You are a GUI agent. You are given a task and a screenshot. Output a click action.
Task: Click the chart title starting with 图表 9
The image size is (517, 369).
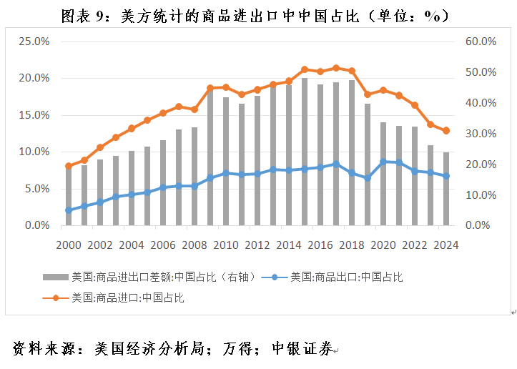[x=258, y=15]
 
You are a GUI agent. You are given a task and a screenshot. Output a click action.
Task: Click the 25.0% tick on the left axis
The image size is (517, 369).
[x=34, y=41]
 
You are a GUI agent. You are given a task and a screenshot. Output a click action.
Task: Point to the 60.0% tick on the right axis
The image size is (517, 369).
[x=481, y=41]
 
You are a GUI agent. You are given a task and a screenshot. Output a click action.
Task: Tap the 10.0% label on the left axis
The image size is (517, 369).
[x=34, y=152]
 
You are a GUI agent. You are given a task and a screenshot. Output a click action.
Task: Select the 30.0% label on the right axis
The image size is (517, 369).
[x=481, y=134]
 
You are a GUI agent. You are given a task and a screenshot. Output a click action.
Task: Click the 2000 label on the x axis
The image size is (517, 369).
[x=69, y=245]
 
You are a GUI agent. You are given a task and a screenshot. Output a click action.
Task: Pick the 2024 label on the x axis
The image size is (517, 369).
[x=446, y=245]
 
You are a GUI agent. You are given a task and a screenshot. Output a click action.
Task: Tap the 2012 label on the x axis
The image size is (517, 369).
[x=257, y=245]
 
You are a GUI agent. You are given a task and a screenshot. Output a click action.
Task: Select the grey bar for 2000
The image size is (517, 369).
[x=69, y=196]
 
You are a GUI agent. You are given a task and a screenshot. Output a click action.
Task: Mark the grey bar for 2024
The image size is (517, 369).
[x=446, y=189]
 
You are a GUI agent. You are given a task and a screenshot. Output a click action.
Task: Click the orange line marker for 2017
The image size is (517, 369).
[x=336, y=68]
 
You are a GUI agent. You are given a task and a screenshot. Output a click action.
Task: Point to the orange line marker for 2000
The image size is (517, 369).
[x=69, y=166]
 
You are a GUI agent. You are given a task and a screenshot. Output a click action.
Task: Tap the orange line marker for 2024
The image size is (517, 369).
[x=446, y=131]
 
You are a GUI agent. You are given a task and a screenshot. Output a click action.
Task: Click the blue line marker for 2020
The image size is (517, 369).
[x=383, y=162]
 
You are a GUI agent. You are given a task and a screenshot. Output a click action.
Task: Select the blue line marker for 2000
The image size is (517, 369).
[x=69, y=210]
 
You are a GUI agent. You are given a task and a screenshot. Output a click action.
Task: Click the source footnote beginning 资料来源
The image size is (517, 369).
[x=172, y=349]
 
